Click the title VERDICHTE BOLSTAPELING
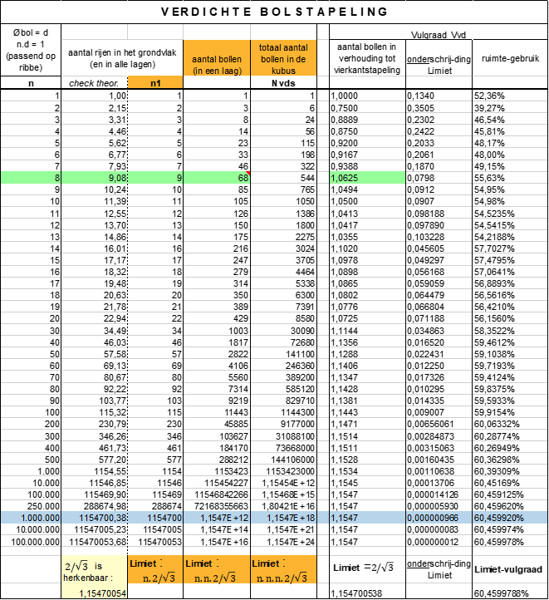[274, 12]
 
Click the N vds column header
[282, 82]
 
